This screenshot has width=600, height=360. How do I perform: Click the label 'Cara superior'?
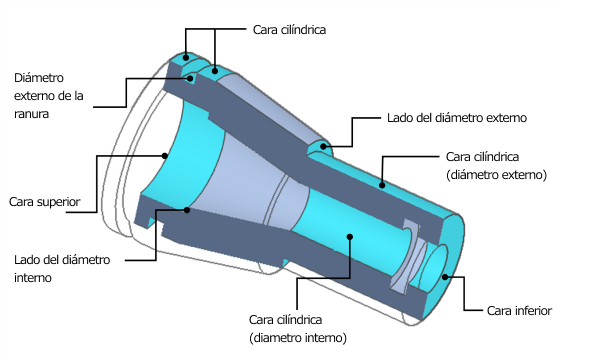point(45,202)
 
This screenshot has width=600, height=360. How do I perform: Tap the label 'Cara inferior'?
point(519,311)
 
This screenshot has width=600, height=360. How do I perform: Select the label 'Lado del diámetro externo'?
point(457,118)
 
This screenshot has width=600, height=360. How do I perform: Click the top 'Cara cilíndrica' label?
point(289,30)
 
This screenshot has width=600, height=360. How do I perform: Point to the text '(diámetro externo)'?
point(496,175)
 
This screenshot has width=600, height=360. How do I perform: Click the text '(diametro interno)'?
point(298,338)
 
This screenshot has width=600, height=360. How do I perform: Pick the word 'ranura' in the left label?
point(31,114)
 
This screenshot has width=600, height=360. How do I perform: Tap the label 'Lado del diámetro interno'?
point(62,269)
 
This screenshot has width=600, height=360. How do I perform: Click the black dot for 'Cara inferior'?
point(445,277)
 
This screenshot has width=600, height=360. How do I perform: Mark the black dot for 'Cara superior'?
point(165,156)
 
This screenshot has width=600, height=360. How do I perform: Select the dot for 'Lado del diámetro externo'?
point(324,146)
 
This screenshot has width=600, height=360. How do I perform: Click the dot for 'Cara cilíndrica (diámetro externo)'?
point(382,186)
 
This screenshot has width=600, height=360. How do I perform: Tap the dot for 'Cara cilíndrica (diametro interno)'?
point(349,237)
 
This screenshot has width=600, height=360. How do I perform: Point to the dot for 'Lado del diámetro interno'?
point(187,210)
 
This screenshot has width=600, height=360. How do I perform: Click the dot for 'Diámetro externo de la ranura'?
point(190,78)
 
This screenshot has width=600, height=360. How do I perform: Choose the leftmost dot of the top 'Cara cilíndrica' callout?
point(186,58)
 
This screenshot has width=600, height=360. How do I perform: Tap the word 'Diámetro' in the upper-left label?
point(39,78)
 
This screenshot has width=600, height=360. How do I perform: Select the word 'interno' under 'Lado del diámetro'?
point(33,278)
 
